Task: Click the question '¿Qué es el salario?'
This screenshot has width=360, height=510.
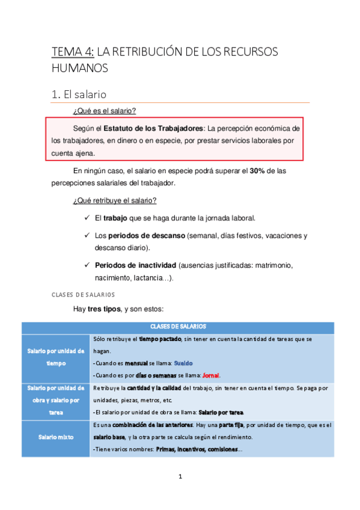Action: click(104, 111)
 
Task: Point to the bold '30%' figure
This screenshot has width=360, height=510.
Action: click(259, 171)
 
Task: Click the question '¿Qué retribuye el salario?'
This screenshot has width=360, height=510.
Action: click(114, 200)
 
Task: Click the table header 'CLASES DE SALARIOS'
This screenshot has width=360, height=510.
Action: click(177, 327)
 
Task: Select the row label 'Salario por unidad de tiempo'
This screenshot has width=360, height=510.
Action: click(55, 357)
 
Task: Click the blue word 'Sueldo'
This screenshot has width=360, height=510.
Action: click(185, 363)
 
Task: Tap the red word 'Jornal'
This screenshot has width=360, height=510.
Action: click(212, 375)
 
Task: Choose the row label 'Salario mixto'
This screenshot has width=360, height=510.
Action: click(55, 437)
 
